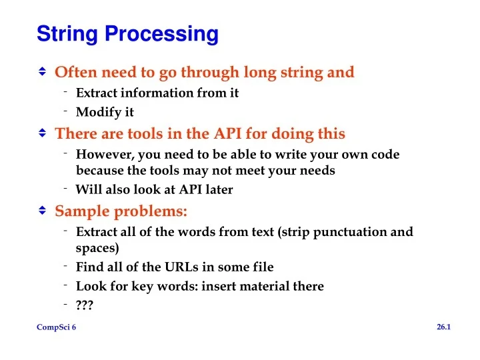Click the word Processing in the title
tap(161, 34)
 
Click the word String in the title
tap(67, 34)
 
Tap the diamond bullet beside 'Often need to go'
tap(42, 71)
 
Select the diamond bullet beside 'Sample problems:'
tap(42, 210)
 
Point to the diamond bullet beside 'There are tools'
tap(42, 133)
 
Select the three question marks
tap(85, 305)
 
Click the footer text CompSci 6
tap(56, 327)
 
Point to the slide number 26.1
tap(444, 327)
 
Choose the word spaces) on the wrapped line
tap(97, 249)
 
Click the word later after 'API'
tap(219, 189)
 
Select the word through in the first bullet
tap(210, 73)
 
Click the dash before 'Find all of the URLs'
tap(65, 266)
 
